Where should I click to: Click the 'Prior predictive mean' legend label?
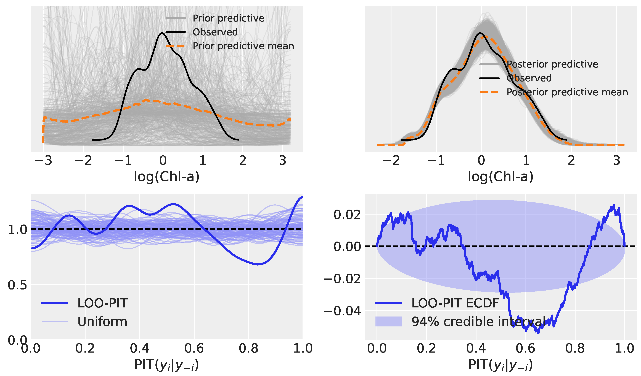pos(243,46)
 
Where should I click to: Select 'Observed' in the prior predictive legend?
pos(215,32)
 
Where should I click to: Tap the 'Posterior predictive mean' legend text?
pos(567,92)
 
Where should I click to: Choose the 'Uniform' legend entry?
pos(102,322)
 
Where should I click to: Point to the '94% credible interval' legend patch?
pos(388,322)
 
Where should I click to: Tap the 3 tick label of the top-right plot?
pos(617,161)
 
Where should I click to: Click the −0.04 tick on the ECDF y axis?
pos(342,311)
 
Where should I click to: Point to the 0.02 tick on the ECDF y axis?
pos(347,215)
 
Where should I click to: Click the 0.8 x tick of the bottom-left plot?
pos(248,348)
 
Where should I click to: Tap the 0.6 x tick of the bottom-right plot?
pos(525,348)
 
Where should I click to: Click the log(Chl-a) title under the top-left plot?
pos(167,177)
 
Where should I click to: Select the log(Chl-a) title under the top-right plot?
pos(501,177)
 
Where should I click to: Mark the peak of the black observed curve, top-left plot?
pos(162,33)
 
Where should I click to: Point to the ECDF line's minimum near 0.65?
pos(538,333)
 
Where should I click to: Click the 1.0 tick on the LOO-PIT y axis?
pos(17,230)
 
